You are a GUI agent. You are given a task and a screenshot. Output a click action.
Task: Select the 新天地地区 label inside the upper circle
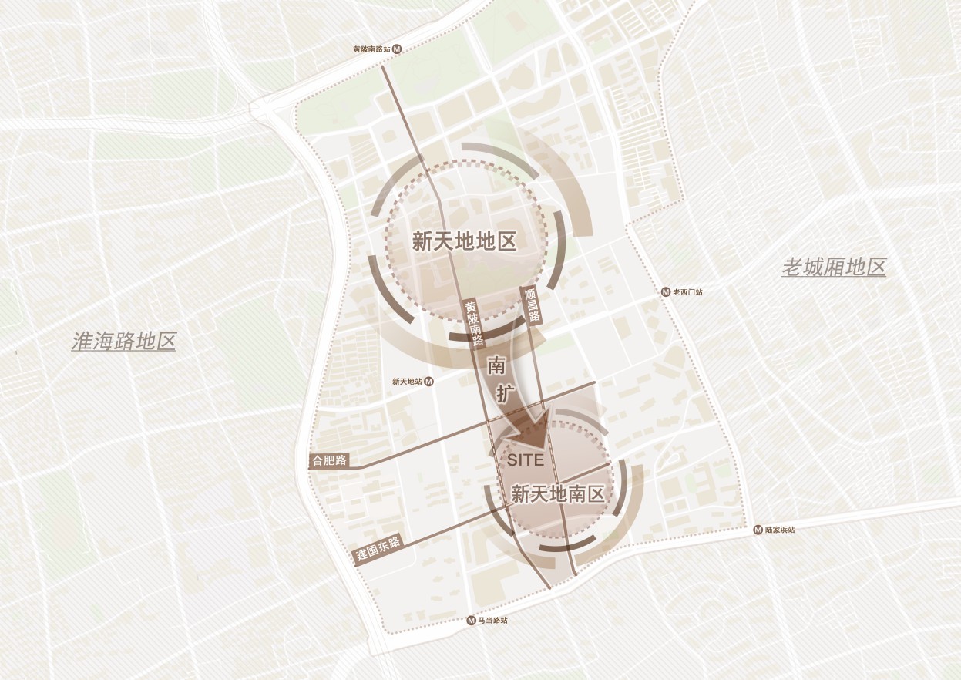click(464, 241)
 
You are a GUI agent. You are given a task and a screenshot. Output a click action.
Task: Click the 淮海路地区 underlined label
click(123, 342)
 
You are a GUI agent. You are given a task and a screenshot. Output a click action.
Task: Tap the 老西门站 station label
click(688, 292)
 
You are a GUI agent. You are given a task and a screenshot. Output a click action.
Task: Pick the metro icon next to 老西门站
click(667, 292)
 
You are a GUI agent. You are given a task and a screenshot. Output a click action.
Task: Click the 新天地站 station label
click(407, 382)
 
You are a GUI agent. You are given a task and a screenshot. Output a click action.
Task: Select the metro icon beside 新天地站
click(429, 382)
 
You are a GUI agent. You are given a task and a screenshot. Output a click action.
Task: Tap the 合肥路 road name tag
click(329, 461)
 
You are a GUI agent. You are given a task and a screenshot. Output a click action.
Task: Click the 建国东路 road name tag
click(378, 549)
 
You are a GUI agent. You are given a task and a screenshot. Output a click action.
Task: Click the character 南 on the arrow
click(496, 365)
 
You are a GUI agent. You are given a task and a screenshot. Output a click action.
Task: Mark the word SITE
click(526, 460)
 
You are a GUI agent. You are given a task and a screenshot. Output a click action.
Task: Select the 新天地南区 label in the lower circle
click(558, 494)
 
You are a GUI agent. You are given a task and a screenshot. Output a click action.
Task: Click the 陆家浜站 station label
click(780, 530)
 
